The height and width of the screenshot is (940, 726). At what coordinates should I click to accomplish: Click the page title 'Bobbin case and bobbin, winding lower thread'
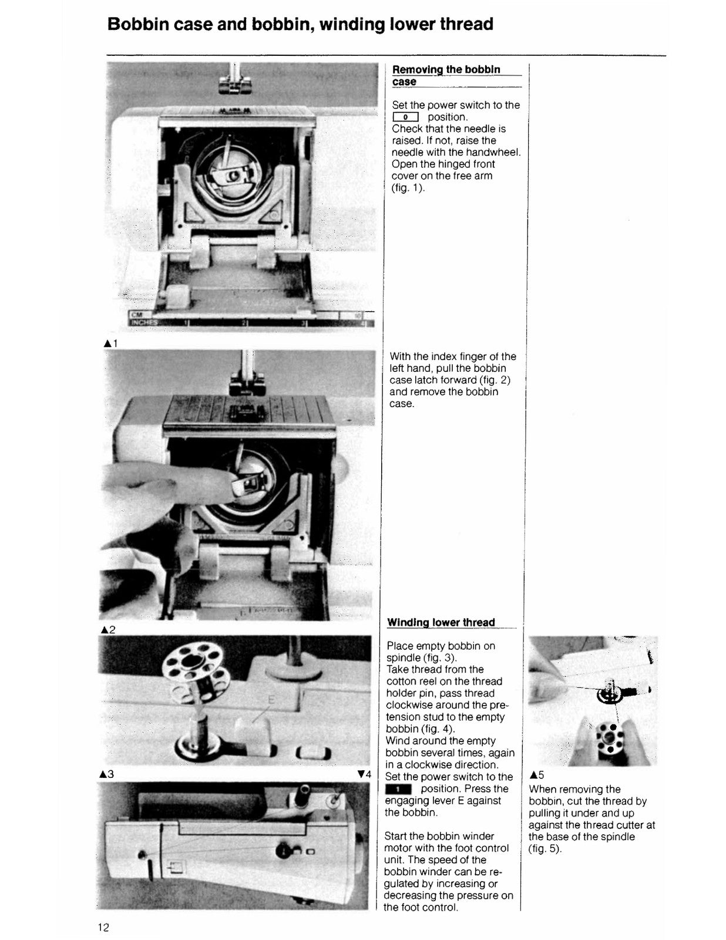pos(300,24)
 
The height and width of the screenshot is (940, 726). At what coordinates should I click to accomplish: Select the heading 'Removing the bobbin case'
pos(446,75)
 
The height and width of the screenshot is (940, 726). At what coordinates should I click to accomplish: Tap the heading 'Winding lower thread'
pos(441,622)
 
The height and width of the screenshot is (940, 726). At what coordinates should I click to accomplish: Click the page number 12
pos(103,928)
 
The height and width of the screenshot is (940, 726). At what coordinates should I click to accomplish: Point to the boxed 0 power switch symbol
pos(405,117)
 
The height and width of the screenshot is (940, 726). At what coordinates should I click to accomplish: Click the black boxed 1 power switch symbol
pos(398,789)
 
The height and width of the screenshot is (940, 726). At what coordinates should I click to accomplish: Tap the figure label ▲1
pos(110,343)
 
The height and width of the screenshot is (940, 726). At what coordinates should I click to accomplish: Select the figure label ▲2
pos(108,630)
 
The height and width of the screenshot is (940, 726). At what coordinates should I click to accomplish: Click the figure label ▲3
pos(107,774)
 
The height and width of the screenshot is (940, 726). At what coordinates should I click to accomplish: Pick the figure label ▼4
pos(364,774)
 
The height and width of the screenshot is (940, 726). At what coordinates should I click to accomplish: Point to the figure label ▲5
pos(537,775)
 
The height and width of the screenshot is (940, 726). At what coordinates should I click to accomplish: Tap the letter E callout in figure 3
pos(271,700)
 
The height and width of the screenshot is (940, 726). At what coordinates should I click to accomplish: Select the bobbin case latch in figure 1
pos(235,174)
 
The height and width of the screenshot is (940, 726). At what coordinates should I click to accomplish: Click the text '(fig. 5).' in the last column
pos(545,848)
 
